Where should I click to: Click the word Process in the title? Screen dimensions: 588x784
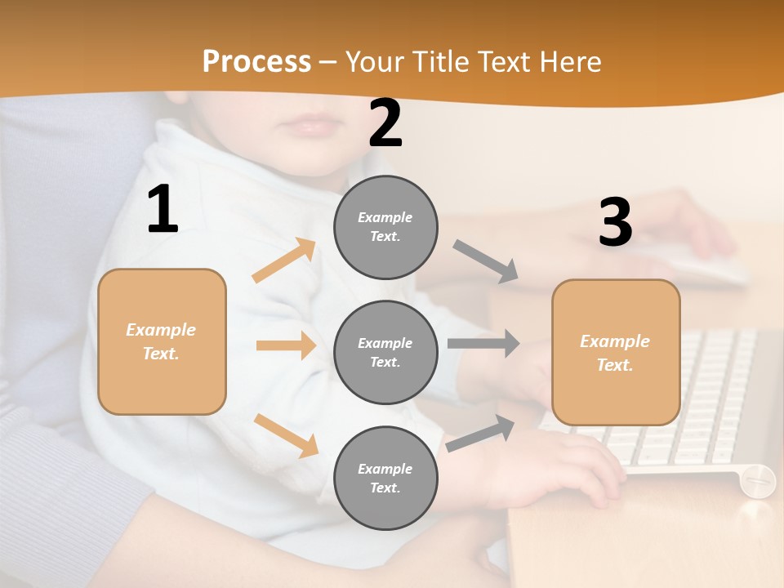pos(256,62)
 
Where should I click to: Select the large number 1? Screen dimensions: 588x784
pos(163,210)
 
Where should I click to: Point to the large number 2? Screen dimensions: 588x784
pos(385,124)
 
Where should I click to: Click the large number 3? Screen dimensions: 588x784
pos(615,223)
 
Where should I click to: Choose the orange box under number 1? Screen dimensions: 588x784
pos(162,341)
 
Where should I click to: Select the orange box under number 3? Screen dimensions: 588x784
pos(616,353)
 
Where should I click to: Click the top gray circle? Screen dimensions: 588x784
pos(386,227)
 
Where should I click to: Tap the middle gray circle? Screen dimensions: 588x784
pos(386,352)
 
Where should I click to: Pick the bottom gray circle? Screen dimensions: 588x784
pos(386,478)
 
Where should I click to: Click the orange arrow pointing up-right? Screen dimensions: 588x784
pos(284,261)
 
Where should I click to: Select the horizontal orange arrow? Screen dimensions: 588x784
pos(286,345)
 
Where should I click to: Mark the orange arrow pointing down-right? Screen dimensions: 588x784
pos(286,435)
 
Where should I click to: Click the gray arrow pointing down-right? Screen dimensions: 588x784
pos(486,261)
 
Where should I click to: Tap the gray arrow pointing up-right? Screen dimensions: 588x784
pos(481,433)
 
